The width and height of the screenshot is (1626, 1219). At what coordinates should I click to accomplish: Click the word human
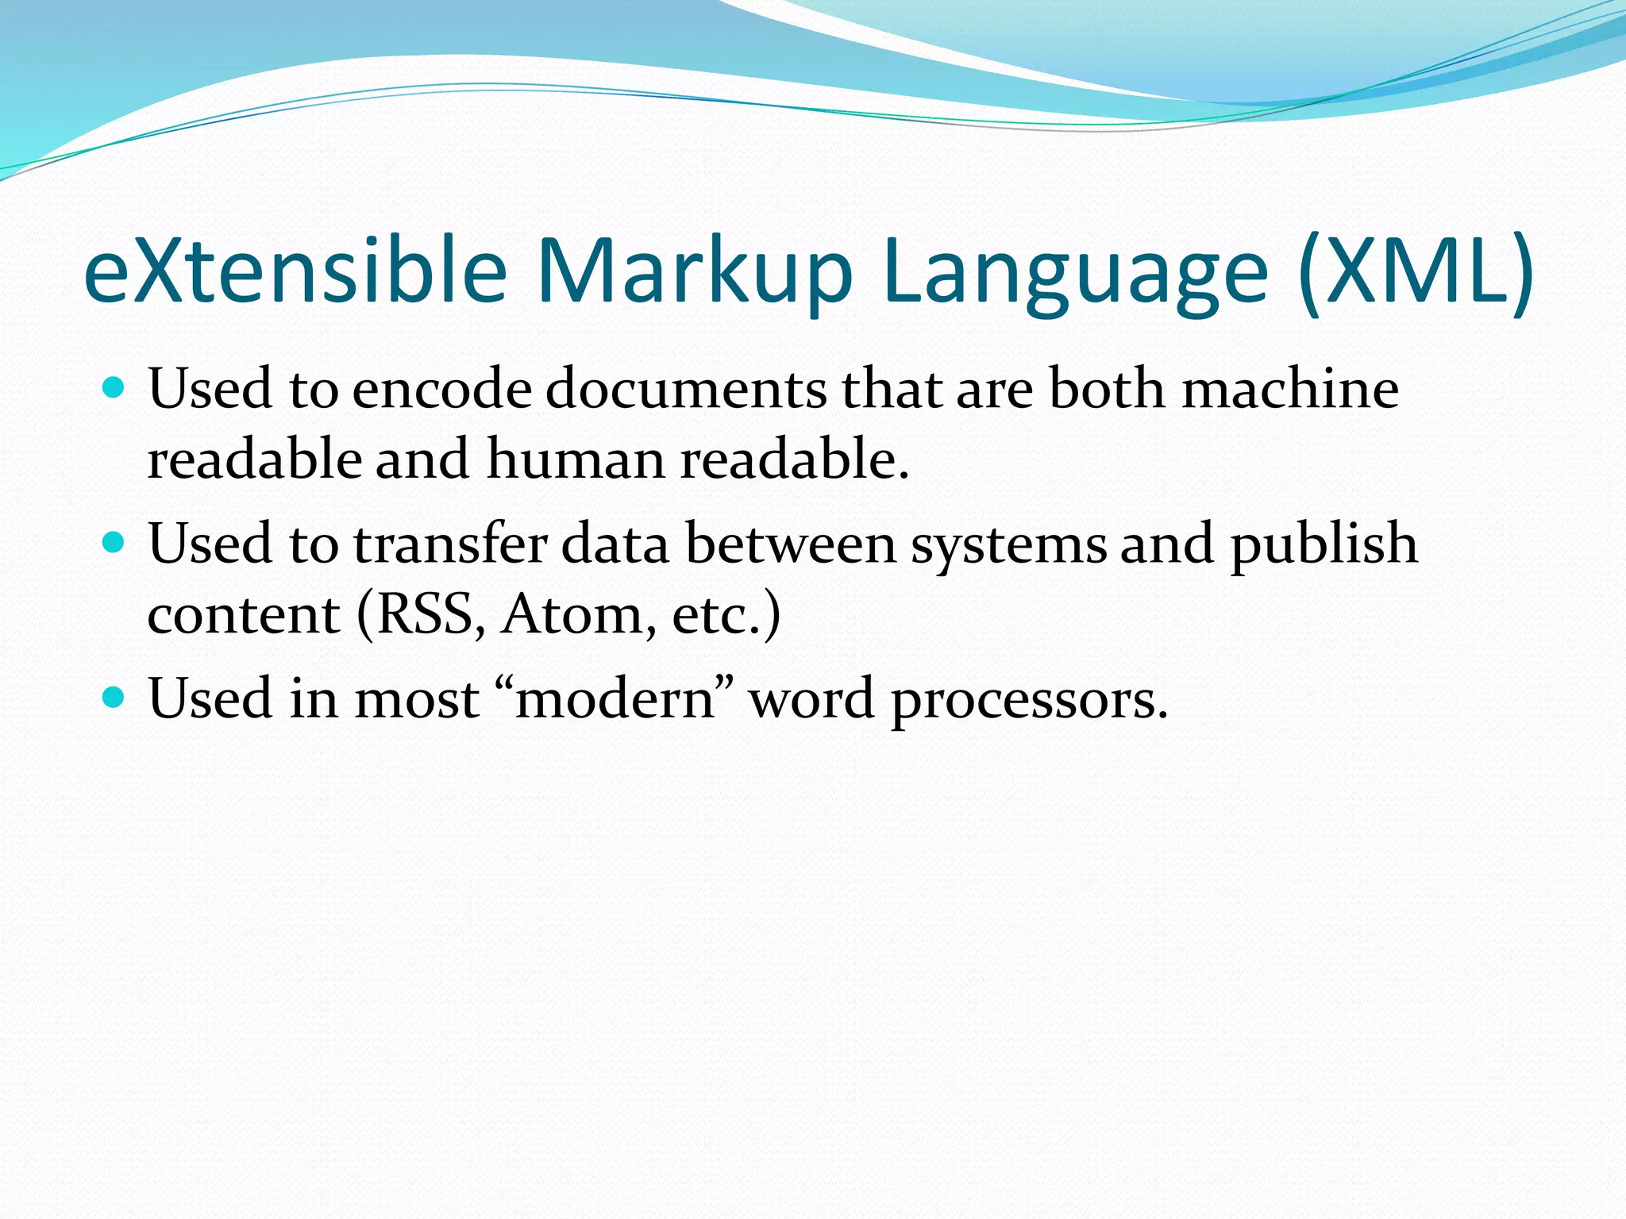click(576, 460)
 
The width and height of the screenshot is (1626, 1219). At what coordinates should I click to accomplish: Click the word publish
click(1324, 546)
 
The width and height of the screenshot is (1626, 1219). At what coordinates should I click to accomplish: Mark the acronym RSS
click(424, 615)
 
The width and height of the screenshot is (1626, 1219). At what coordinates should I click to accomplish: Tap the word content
click(244, 616)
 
